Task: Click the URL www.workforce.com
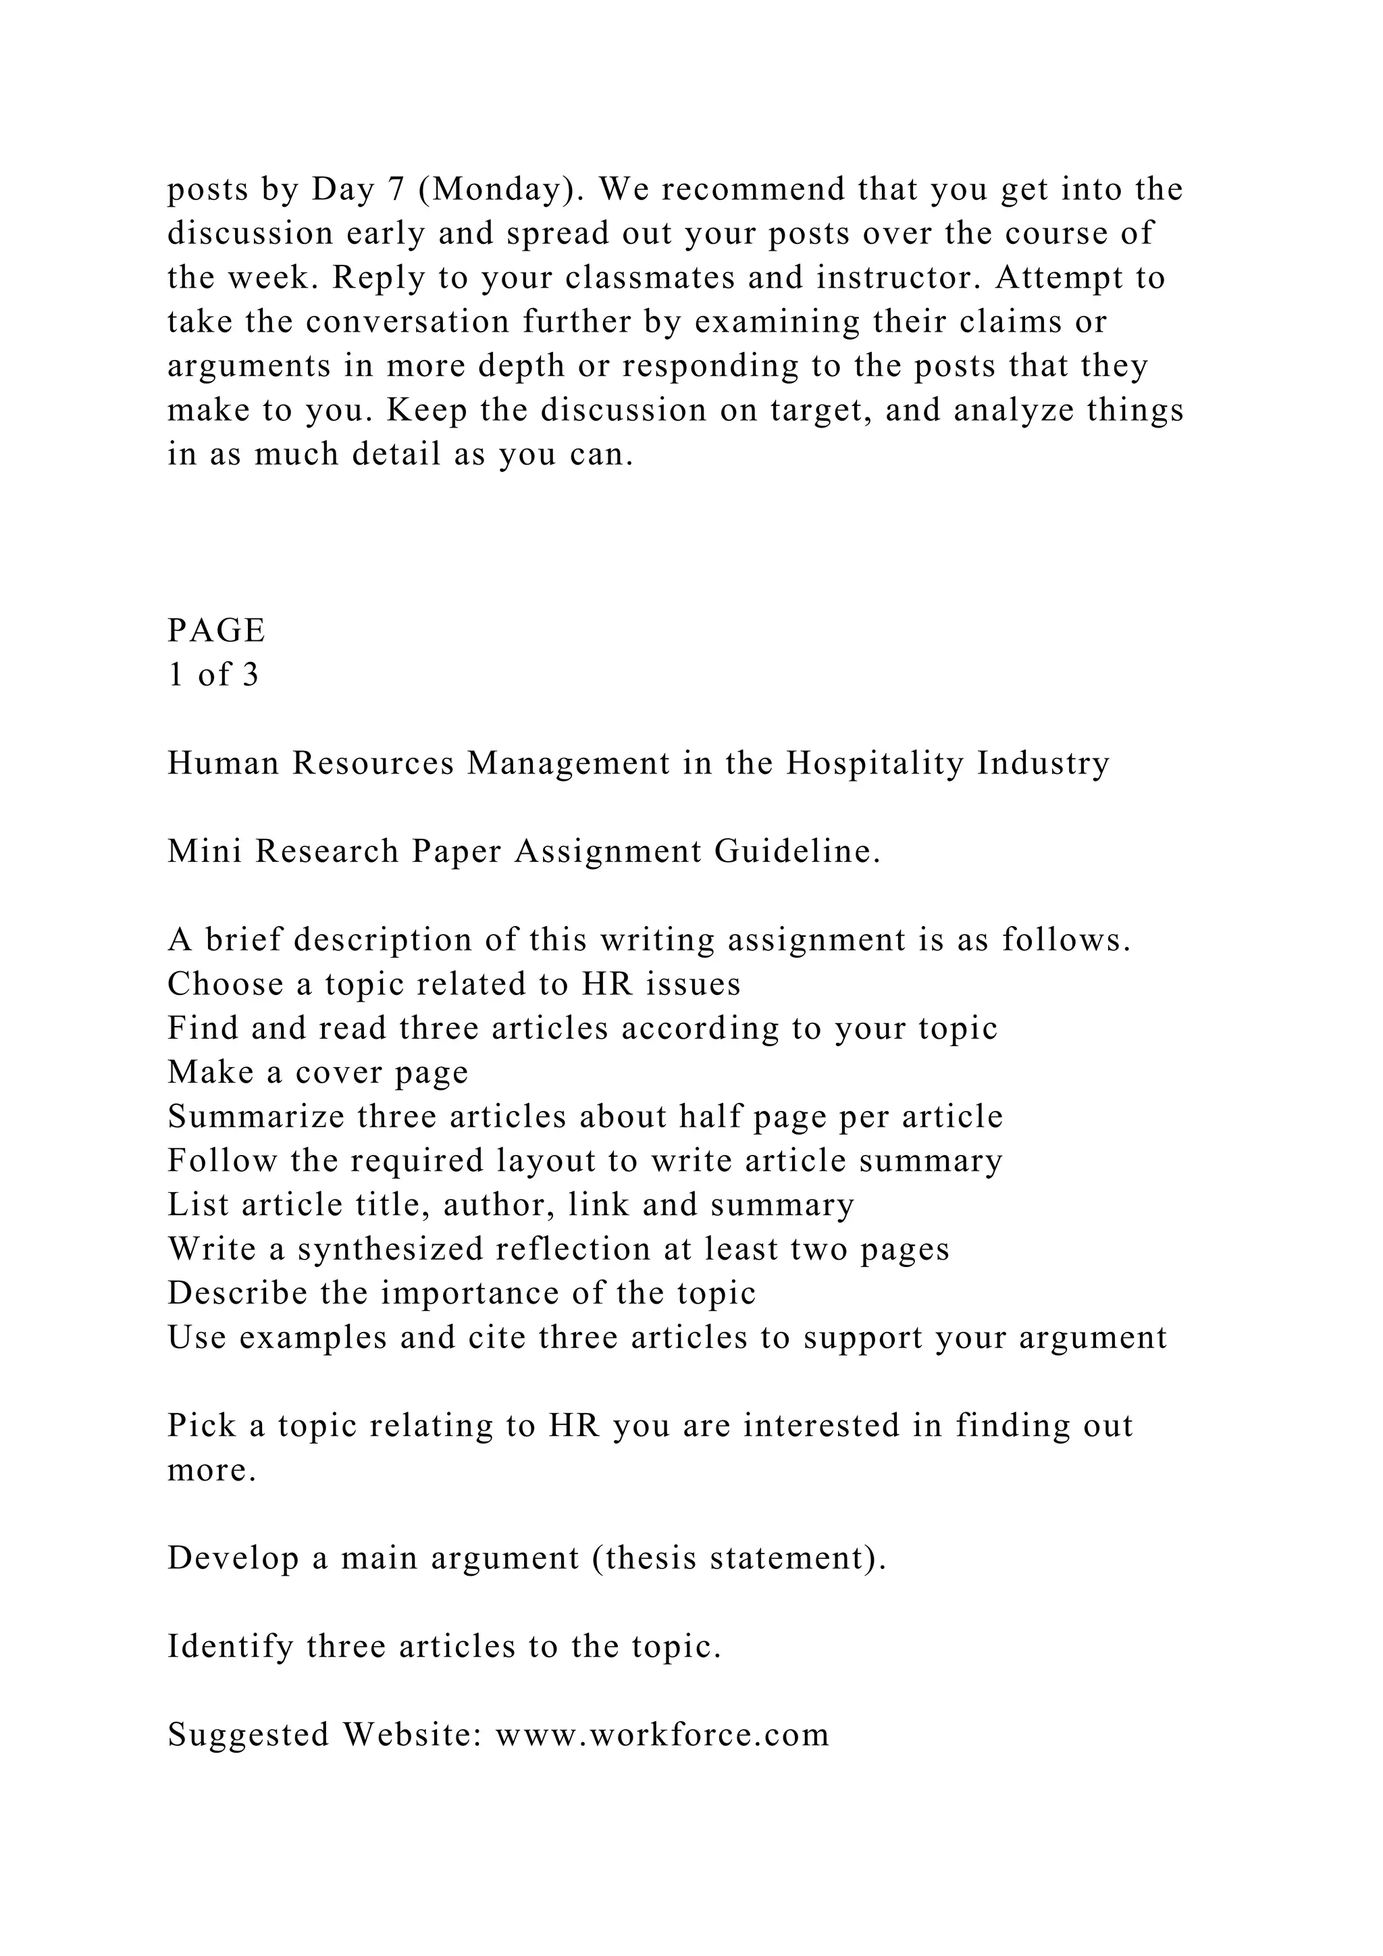[x=662, y=1735]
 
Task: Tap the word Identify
[x=230, y=1647]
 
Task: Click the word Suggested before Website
[x=248, y=1735]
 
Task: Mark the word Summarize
[x=255, y=1117]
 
